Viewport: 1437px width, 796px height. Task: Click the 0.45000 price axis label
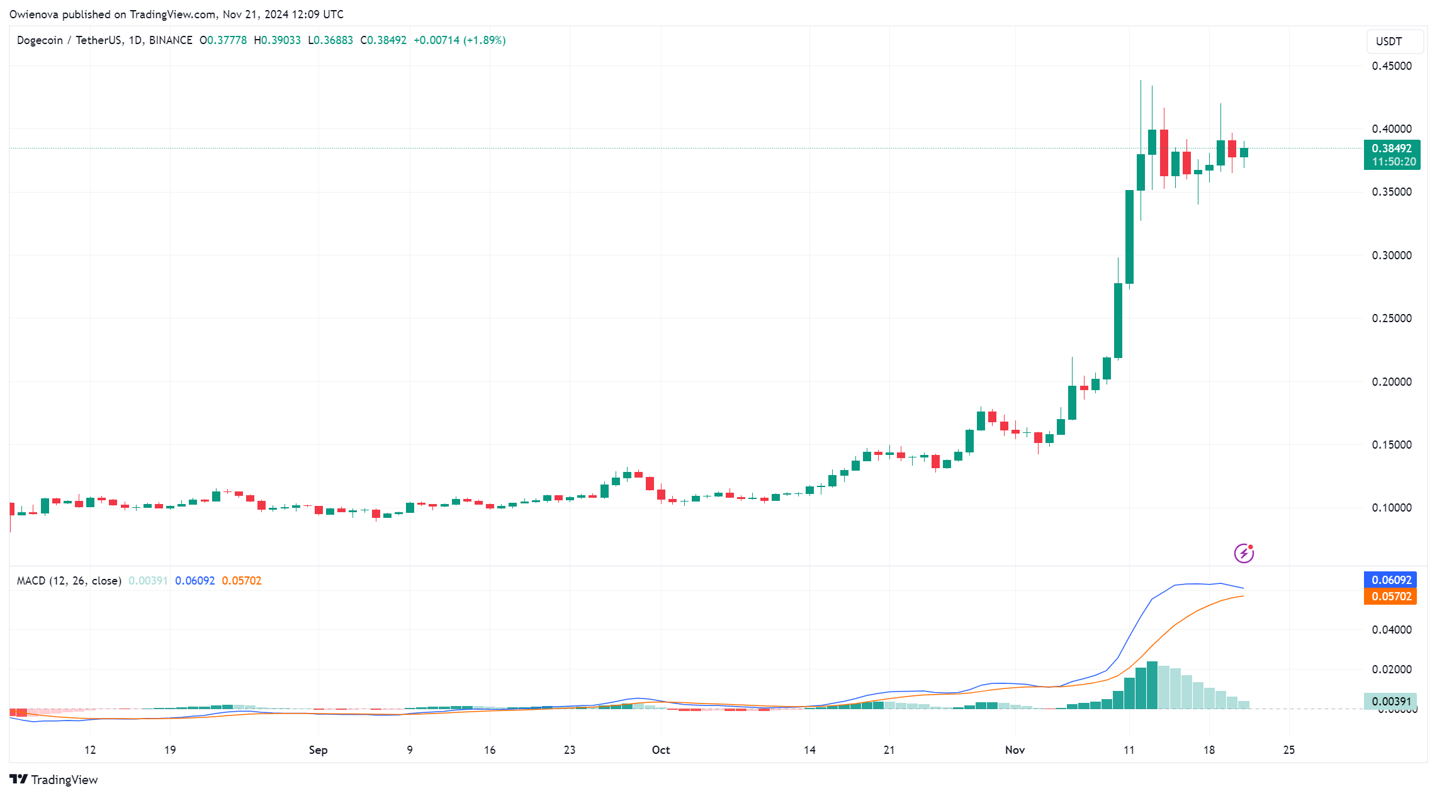(1391, 66)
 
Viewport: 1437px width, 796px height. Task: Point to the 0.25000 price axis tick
(1391, 318)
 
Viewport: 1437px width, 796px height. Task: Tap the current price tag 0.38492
(1391, 149)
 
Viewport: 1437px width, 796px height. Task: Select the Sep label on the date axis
(318, 750)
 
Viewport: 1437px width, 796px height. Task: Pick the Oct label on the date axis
(660, 750)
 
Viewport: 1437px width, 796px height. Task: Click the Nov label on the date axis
(1015, 750)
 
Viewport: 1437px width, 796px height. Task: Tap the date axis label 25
(1288, 750)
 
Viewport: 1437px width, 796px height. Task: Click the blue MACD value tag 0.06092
(1390, 580)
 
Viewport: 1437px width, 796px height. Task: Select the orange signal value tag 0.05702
(1390, 597)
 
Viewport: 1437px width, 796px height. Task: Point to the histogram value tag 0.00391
(1390, 702)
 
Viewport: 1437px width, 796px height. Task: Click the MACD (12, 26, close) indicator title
(69, 581)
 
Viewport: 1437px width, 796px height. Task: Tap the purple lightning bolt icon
(1243, 553)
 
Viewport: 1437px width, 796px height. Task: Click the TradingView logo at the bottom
(54, 780)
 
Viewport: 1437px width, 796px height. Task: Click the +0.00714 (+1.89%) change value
(459, 40)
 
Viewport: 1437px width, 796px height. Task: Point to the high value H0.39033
(277, 40)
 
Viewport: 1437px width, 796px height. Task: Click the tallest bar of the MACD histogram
(1152, 685)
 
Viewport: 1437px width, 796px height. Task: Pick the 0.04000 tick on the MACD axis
(1391, 630)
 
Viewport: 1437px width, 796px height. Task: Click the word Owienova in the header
(34, 14)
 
